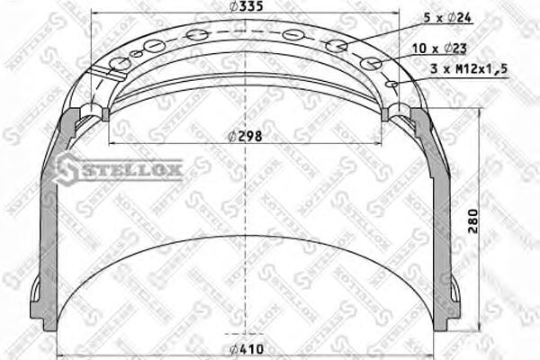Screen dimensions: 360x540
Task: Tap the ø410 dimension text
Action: (245, 349)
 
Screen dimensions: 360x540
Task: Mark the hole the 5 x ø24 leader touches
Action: (337, 46)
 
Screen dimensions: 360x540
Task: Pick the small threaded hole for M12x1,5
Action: (391, 84)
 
